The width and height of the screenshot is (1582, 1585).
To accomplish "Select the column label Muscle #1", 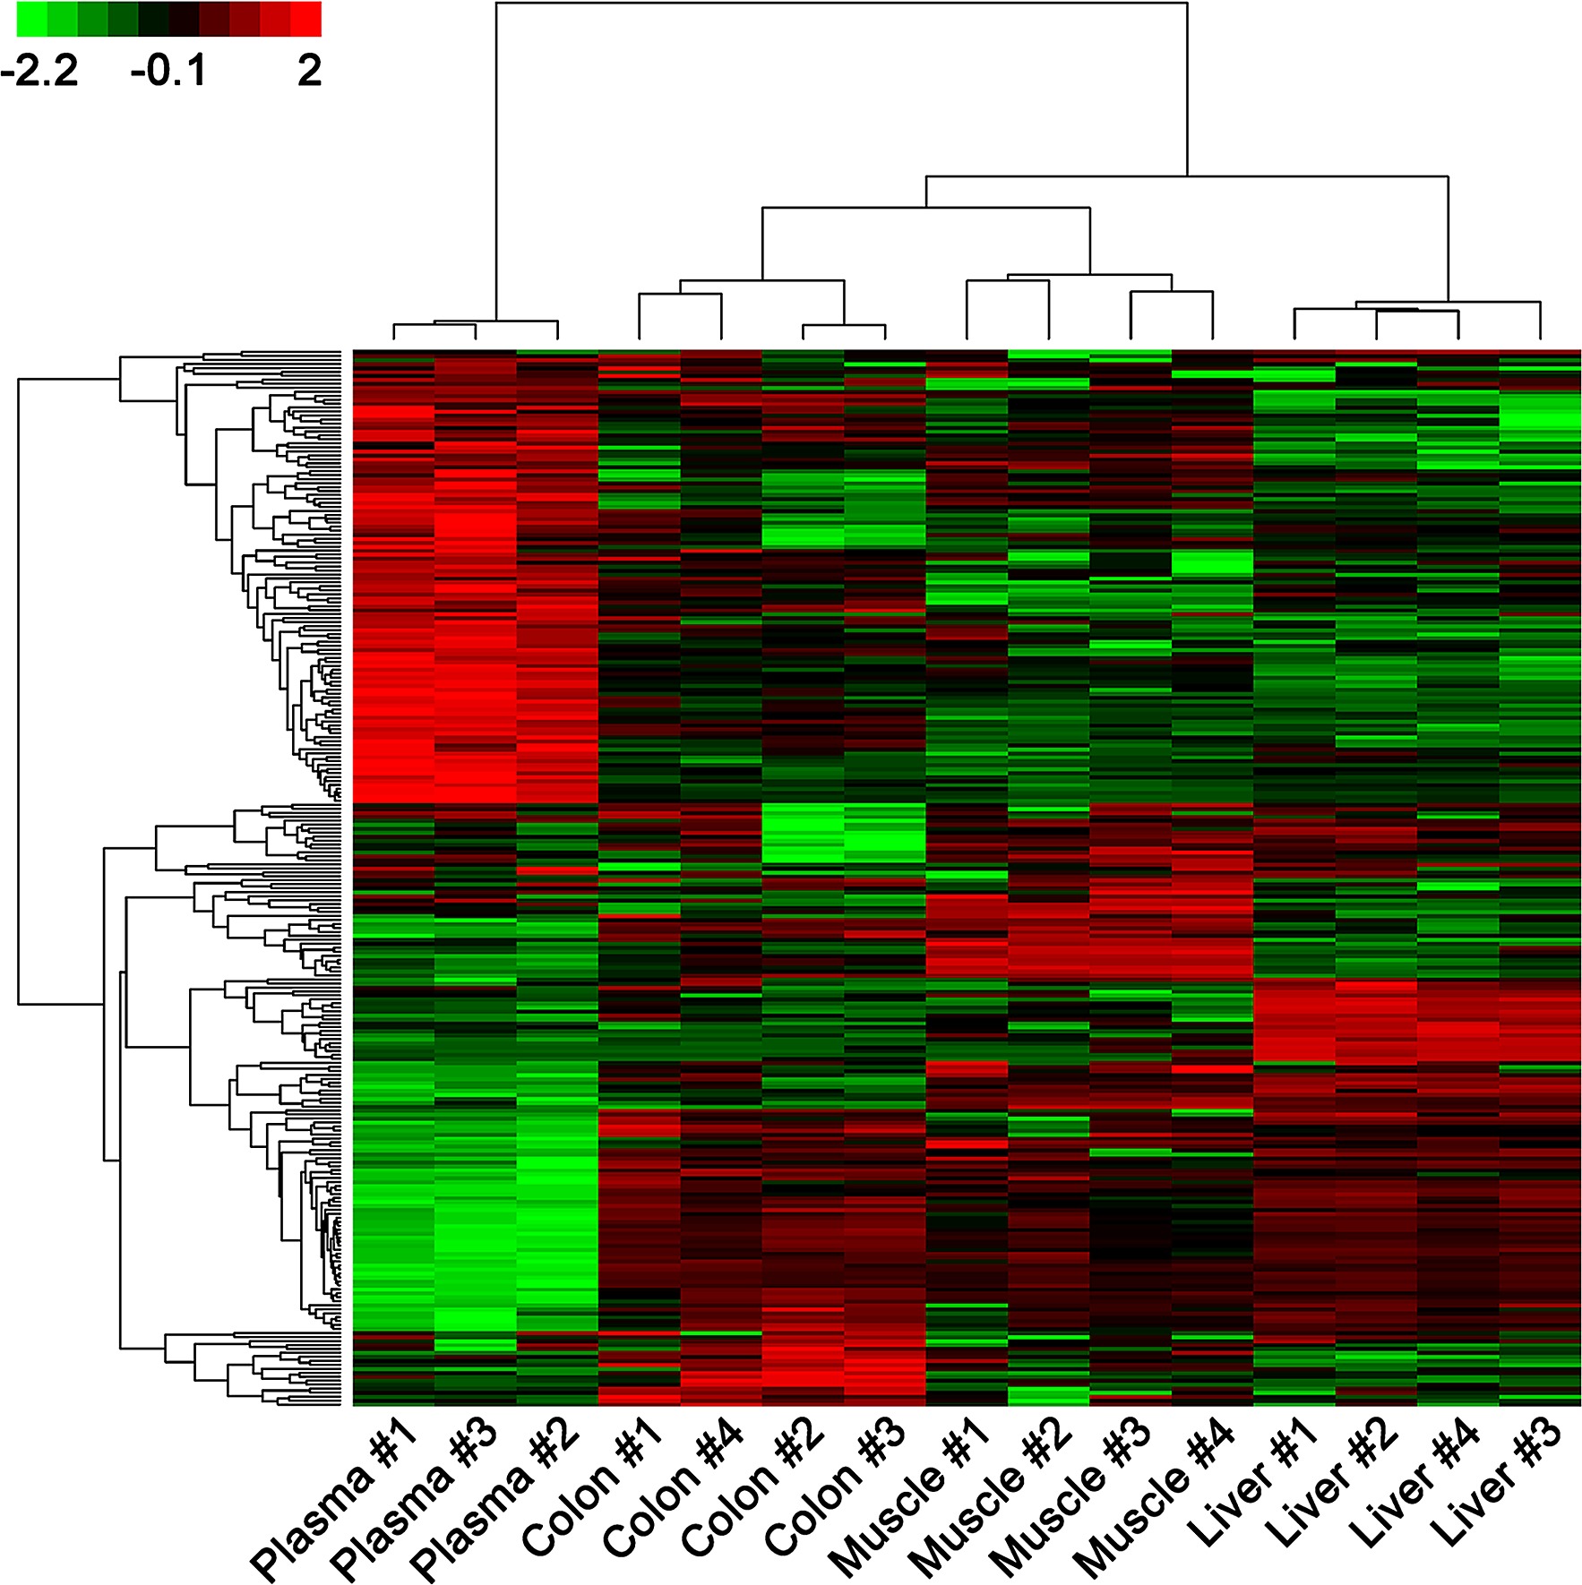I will point(909,1495).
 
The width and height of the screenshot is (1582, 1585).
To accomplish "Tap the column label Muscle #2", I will point(990,1495).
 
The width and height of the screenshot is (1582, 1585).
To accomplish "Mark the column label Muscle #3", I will point(1070,1495).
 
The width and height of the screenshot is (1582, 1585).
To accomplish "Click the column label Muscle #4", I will point(1153,1495).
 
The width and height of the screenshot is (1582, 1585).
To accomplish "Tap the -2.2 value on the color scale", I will point(39,71).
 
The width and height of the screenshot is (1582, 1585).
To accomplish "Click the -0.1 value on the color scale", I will point(168,71).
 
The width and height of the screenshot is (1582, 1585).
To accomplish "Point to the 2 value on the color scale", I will point(309,71).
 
